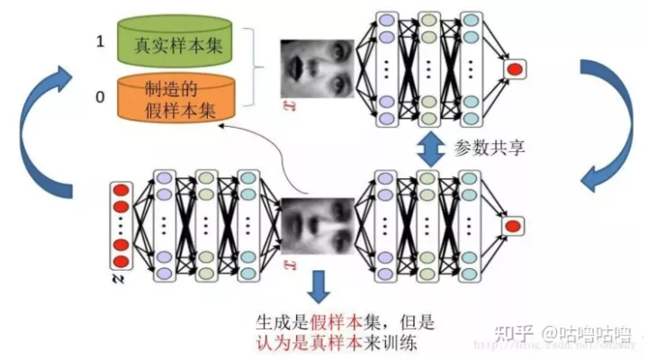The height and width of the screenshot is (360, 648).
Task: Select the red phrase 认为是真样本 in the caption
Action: [x=302, y=343]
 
